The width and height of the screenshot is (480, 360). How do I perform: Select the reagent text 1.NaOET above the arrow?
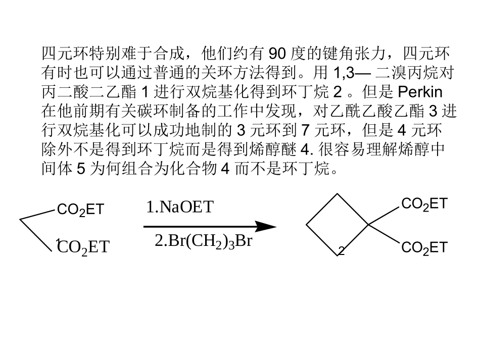tap(180, 208)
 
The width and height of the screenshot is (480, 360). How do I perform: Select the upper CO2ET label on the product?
tap(424, 204)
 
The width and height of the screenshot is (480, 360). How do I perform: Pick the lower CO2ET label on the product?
tap(424, 248)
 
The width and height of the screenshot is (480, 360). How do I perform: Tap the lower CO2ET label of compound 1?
tap(83, 247)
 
